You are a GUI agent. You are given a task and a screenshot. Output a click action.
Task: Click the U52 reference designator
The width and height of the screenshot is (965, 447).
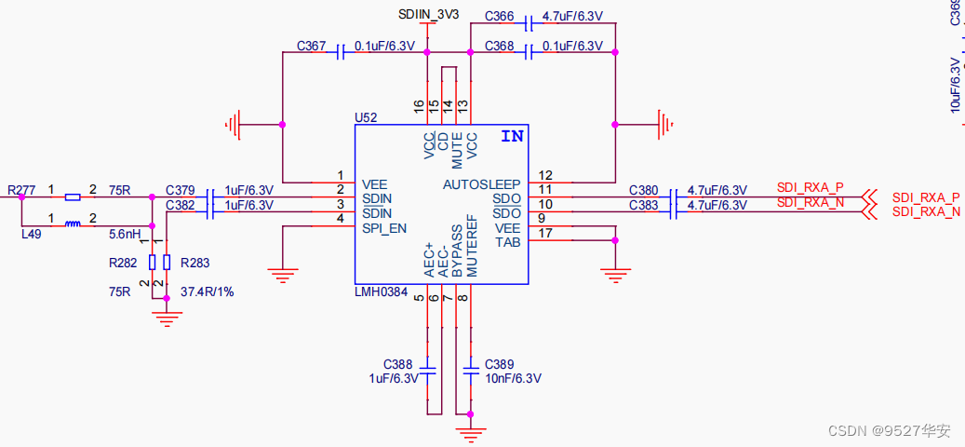click(x=366, y=118)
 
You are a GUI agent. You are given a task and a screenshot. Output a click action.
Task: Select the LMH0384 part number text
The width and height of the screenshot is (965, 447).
click(x=381, y=292)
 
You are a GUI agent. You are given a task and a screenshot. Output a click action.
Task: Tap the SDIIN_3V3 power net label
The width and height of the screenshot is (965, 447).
click(x=428, y=15)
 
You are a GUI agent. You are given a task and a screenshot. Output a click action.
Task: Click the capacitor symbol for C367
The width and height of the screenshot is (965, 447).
click(x=342, y=52)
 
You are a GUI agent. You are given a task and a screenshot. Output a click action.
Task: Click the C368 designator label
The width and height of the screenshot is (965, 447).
click(x=499, y=46)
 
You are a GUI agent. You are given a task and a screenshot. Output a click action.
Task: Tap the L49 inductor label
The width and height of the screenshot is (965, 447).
click(x=32, y=235)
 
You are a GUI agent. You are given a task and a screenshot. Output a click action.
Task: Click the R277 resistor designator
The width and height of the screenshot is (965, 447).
click(x=21, y=190)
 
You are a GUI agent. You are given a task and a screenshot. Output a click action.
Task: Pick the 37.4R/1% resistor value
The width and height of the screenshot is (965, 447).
click(x=208, y=291)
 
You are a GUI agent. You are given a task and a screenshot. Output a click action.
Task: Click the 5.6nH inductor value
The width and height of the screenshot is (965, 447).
click(x=125, y=234)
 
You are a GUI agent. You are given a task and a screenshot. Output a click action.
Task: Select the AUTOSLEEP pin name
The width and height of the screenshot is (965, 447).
click(x=481, y=184)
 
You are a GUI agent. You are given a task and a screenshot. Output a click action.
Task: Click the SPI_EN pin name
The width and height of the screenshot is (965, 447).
click(x=383, y=228)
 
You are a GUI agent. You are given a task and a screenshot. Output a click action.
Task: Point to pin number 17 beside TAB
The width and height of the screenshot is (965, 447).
click(x=545, y=234)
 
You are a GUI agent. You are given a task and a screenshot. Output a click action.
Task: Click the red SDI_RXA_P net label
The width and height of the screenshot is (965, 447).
click(x=810, y=187)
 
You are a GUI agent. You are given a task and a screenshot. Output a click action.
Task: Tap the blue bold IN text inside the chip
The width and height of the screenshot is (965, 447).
click(x=512, y=136)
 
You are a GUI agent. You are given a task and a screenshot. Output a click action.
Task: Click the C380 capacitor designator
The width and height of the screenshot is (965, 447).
click(x=643, y=190)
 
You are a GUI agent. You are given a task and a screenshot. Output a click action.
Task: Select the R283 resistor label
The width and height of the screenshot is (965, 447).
click(x=195, y=263)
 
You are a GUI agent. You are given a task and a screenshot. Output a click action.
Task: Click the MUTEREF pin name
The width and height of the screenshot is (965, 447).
click(x=472, y=250)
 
